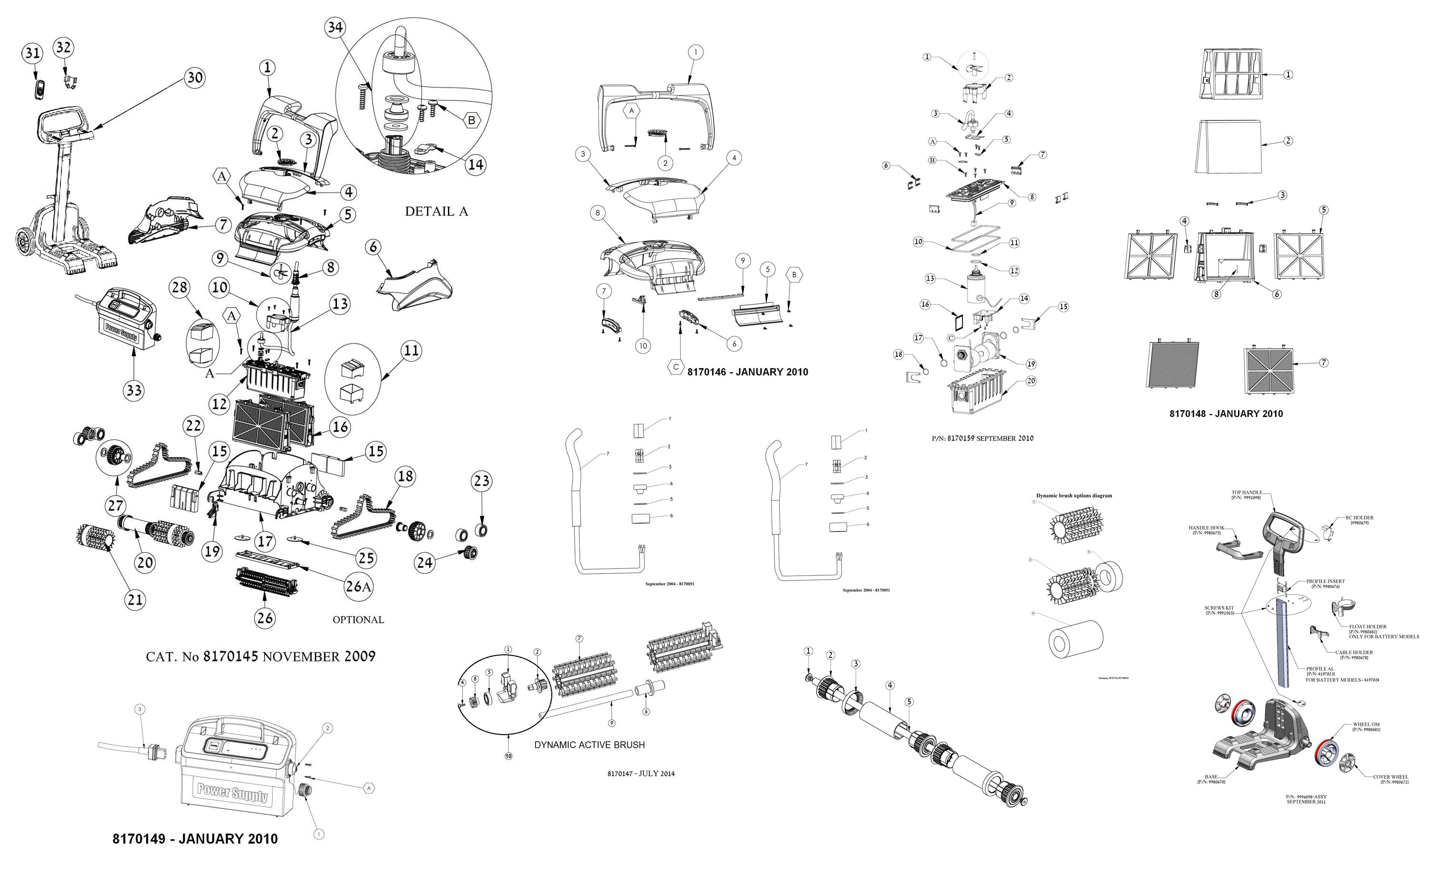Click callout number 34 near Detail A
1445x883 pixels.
(335, 28)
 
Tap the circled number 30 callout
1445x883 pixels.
(195, 78)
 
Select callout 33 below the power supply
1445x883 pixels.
(134, 390)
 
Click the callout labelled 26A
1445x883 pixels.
(358, 586)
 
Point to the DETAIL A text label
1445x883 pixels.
(436, 212)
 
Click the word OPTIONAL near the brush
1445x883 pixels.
(358, 620)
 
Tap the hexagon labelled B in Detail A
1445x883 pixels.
(471, 121)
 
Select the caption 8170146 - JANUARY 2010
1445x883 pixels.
(747, 372)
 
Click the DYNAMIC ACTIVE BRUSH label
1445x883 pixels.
(589, 745)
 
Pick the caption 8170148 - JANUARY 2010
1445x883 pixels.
(1226, 413)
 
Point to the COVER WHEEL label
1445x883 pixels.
(1390, 777)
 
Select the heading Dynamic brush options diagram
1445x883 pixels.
(1074, 495)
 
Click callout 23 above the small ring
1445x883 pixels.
(482, 481)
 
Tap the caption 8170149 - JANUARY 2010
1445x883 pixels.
(195, 838)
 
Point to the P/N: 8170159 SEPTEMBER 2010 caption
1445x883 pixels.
(982, 438)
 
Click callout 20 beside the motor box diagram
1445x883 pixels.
(1031, 381)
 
